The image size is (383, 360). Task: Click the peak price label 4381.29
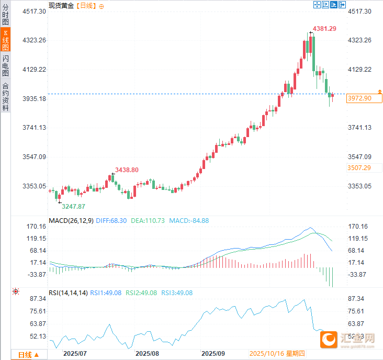tap(324, 29)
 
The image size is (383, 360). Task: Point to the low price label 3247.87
tap(73, 207)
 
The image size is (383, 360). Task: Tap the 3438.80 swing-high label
tap(127, 170)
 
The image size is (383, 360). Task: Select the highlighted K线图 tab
tap(5, 41)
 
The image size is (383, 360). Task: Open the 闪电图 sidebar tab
tap(5, 65)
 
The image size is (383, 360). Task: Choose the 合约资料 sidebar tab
tap(5, 97)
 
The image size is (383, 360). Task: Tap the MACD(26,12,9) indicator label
tap(71, 221)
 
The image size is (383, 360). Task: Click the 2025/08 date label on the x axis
tap(147, 354)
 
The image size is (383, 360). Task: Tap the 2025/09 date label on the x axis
tap(213, 354)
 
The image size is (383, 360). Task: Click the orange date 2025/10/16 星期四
tap(277, 354)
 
